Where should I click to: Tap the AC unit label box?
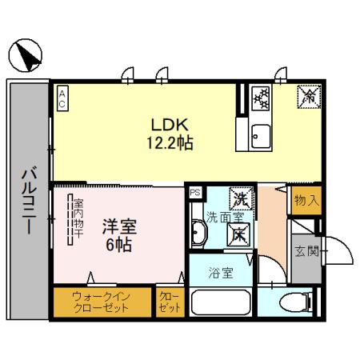pos(62,96)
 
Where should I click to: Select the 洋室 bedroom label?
pos(117,226)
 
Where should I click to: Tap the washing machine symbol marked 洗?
pos(238,196)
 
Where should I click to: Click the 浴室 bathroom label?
pos(220,273)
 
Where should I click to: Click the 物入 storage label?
pos(306,199)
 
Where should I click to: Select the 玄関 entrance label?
pos(307,252)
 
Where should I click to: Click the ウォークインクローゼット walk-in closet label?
pos(102,302)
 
